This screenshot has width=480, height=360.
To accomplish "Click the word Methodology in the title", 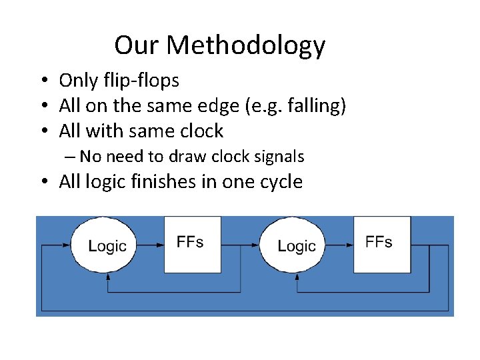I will [x=246, y=46].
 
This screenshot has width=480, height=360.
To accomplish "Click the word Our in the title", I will [x=137, y=45].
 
